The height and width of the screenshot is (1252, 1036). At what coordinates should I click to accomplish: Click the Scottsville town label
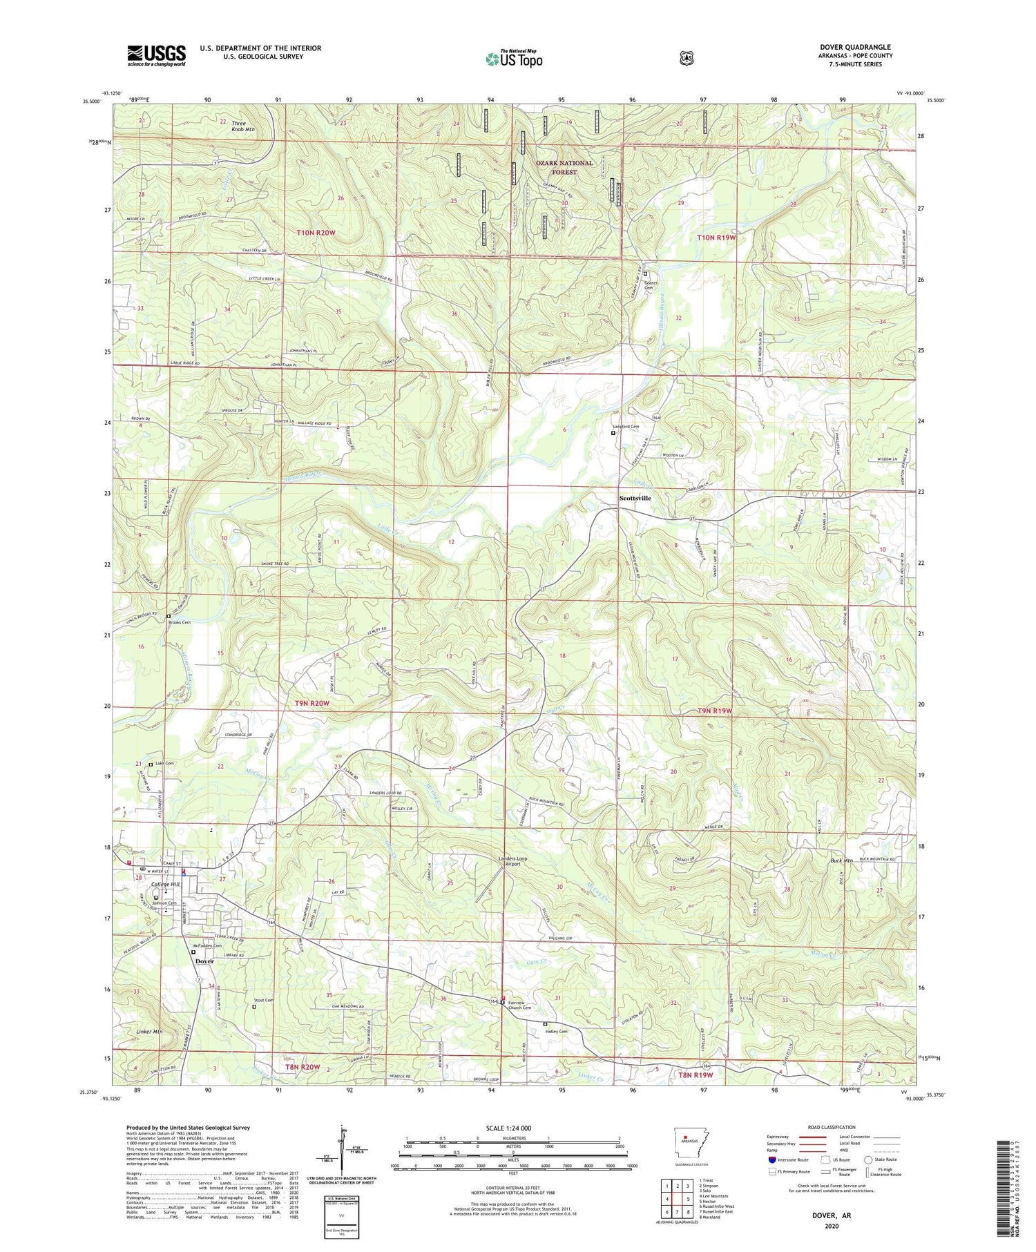(x=635, y=498)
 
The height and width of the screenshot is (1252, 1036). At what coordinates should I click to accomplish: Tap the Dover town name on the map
(x=204, y=961)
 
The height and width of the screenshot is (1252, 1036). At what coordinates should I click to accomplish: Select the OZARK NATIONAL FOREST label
(x=564, y=167)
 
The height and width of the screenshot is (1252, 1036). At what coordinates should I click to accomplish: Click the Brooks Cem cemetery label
(x=180, y=622)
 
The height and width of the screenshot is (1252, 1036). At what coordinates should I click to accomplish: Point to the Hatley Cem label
(x=557, y=1032)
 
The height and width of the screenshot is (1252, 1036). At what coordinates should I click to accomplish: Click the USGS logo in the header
(x=156, y=55)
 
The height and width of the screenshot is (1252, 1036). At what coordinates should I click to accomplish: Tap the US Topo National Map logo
(x=514, y=58)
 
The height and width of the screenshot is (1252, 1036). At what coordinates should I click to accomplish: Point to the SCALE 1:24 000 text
(x=512, y=1128)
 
